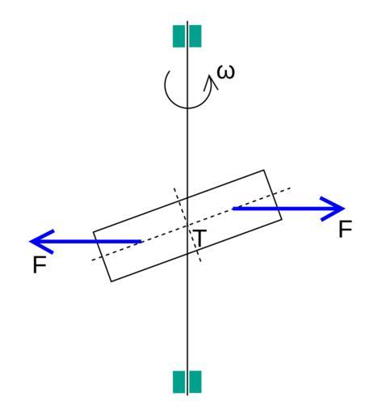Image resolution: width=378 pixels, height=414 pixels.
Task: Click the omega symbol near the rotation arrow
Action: tap(226, 72)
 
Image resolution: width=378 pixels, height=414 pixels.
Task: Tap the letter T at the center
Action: tap(199, 239)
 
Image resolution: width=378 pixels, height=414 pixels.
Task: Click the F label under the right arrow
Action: tap(345, 229)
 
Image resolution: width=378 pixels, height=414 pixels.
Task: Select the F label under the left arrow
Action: tap(40, 264)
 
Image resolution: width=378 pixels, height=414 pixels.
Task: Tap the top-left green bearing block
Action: tap(178, 36)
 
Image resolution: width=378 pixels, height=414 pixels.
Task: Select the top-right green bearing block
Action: tap(195, 36)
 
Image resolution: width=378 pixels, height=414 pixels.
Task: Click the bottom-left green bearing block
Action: tap(178, 382)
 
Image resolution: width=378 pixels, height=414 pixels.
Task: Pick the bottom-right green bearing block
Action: tap(195, 382)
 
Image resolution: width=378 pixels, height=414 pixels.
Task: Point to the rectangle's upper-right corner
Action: tap(264, 170)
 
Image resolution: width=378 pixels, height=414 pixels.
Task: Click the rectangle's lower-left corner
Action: tap(111, 281)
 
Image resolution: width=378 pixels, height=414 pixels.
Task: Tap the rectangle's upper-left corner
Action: tap(93, 231)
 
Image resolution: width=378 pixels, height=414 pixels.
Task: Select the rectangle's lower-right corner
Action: tap(282, 220)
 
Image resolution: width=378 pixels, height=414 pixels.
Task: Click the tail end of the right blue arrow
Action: tap(233, 209)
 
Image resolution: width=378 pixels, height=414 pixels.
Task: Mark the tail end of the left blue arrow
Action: tap(141, 241)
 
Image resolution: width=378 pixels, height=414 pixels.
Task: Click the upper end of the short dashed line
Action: tap(174, 188)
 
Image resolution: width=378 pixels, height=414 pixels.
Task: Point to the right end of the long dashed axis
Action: tap(290, 188)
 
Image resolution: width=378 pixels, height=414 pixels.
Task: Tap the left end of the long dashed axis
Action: tap(92, 260)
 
